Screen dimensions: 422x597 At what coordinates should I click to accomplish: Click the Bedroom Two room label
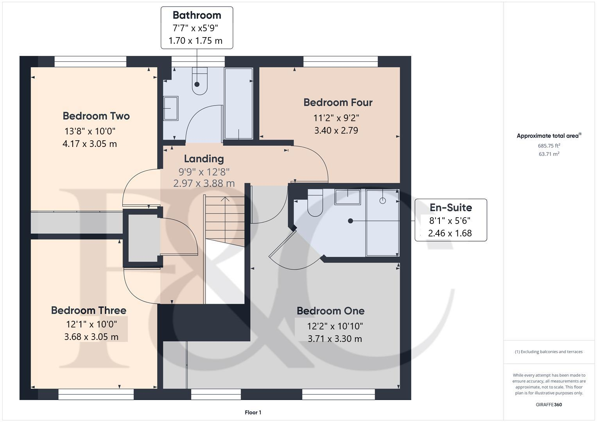coord(96,116)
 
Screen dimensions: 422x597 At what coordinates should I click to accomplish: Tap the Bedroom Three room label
coord(89,310)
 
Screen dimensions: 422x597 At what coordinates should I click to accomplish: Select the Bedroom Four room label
coord(338,102)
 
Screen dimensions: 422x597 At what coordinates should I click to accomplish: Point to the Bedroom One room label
coord(330,311)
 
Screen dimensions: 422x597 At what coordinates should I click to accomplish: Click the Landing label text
coord(204,159)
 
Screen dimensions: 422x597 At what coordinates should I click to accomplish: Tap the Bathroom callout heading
coord(197,15)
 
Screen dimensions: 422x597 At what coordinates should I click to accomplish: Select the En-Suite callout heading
coord(450,207)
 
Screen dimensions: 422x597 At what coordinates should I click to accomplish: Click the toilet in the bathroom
coord(199,81)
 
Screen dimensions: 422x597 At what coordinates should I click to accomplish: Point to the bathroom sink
coord(171,108)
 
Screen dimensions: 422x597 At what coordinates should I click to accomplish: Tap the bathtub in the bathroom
coord(238,104)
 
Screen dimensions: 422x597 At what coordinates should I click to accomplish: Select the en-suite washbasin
coord(347,197)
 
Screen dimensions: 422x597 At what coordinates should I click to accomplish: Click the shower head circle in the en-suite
coord(382,200)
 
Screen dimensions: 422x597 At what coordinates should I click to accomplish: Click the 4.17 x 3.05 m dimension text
coord(90,144)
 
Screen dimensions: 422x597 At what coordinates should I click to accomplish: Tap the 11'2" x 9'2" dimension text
coord(336,118)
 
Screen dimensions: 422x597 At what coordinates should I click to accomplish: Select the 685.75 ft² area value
coord(549,146)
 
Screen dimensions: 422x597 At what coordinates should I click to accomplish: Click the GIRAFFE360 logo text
coord(549,404)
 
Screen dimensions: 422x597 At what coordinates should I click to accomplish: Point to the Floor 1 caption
coord(253,412)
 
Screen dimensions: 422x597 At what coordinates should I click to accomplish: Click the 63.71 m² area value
coord(549,154)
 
